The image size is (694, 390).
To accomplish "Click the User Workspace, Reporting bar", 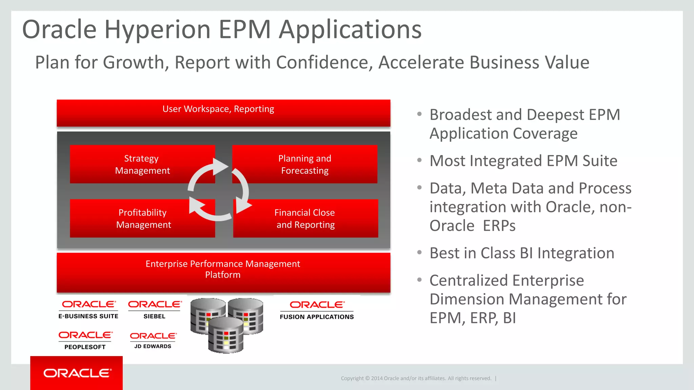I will (223, 113).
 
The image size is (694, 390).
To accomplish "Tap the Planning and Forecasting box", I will (305, 164).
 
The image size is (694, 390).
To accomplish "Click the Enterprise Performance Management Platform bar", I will (223, 272).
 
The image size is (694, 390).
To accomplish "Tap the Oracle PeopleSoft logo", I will (85, 340).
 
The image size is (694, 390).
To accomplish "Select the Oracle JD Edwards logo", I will (153, 340).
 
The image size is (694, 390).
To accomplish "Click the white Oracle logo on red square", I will (77, 373).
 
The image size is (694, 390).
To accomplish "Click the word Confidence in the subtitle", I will (324, 63).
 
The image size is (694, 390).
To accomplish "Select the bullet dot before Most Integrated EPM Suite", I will (420, 160).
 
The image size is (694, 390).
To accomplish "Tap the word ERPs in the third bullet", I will (499, 226).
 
